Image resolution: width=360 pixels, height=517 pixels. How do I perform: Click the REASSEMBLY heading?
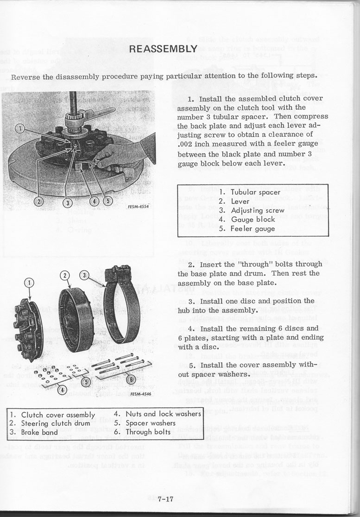pyautogui.click(x=164, y=49)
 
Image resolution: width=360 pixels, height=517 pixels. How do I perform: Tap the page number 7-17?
pyautogui.click(x=165, y=499)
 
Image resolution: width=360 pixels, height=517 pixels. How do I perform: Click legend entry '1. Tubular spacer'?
pyautogui.click(x=250, y=192)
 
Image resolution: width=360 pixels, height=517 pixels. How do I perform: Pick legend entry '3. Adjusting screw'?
pyautogui.click(x=252, y=210)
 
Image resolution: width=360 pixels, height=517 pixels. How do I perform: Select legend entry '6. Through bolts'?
pyautogui.click(x=142, y=432)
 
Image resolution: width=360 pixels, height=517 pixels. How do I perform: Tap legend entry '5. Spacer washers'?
pyautogui.click(x=144, y=423)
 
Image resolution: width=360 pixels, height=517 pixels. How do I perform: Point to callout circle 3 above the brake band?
pyautogui.click(x=84, y=275)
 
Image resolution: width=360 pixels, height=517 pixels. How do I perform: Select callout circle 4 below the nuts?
pyautogui.click(x=59, y=389)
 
